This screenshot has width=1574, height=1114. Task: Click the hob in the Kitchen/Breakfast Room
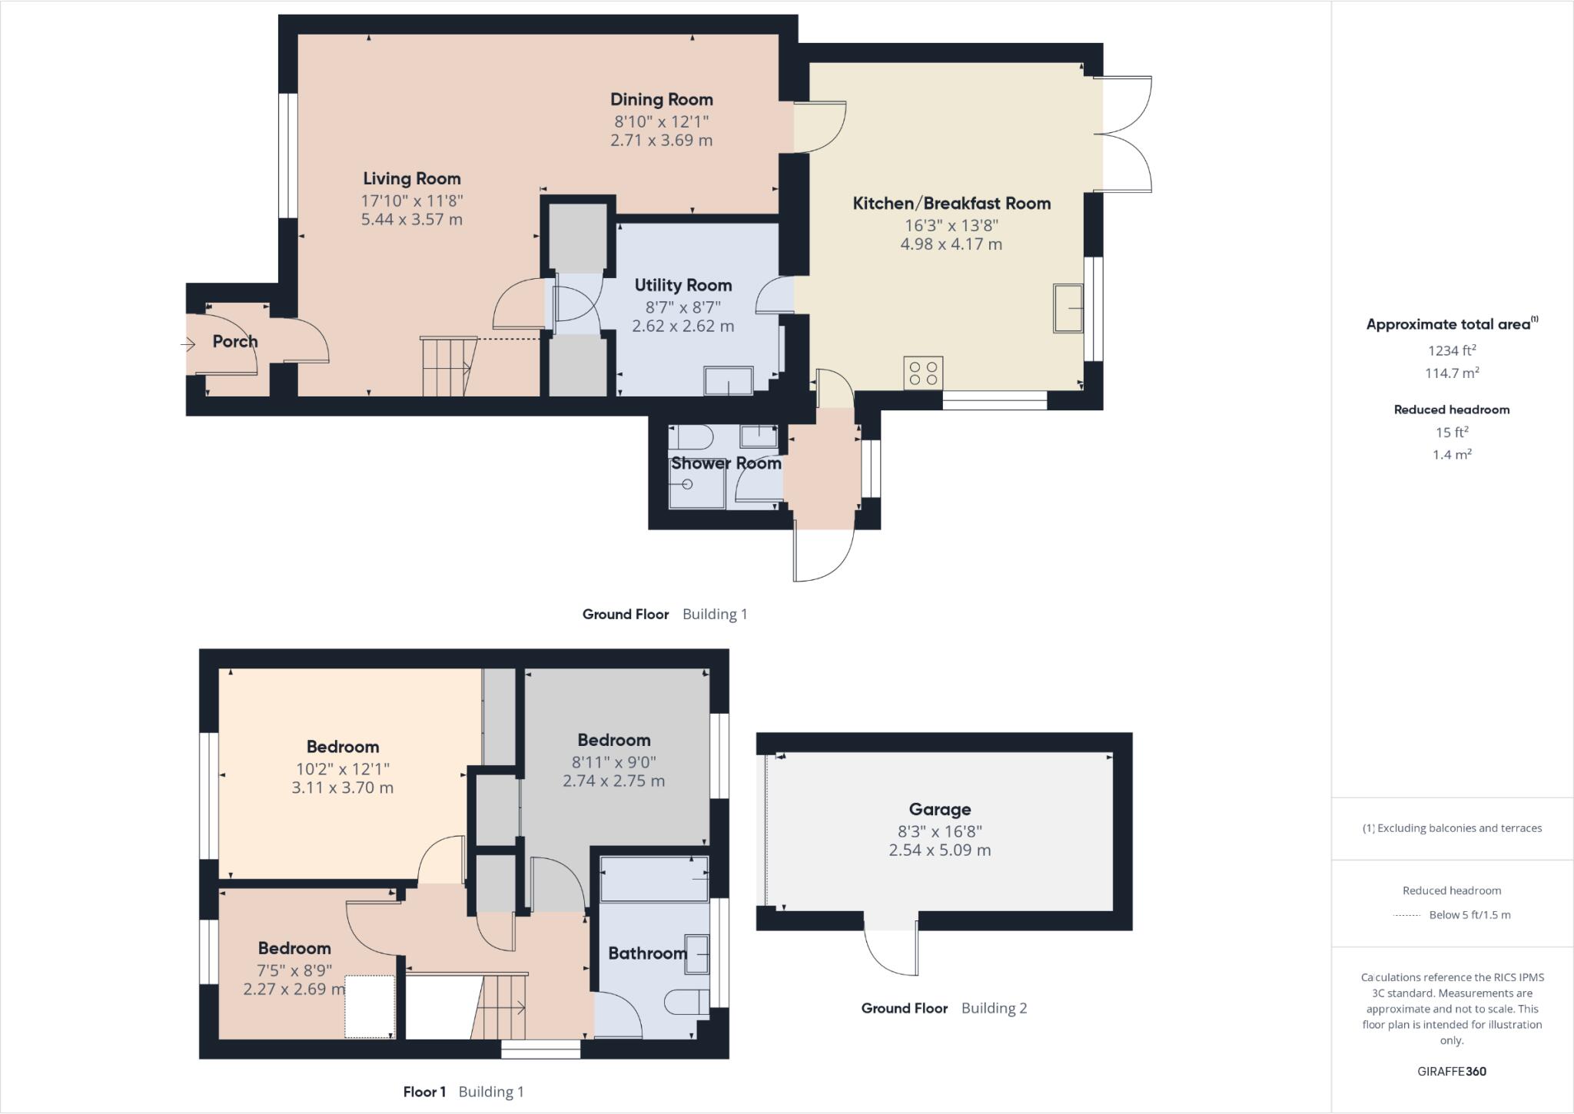[923, 373]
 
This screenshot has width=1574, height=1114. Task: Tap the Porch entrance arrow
[188, 344]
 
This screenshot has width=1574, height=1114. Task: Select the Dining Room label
[661, 99]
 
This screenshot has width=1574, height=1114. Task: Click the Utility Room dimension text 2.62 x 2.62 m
[682, 326]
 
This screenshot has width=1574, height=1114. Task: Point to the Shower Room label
[726, 463]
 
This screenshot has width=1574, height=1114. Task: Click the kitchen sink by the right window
[1068, 308]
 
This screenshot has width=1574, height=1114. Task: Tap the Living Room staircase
[447, 366]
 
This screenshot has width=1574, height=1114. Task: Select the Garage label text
[939, 809]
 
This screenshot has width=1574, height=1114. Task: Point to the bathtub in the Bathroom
[653, 878]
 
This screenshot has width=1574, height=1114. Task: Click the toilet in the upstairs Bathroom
[686, 1002]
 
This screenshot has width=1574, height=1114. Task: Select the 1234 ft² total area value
[1451, 350]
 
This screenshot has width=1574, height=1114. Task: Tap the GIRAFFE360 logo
[1451, 1071]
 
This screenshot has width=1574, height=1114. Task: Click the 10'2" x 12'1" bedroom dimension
[342, 768]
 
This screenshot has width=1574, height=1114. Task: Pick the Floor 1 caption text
[424, 1092]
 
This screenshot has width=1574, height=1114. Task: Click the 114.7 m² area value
[1451, 373]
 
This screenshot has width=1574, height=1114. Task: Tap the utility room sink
[728, 380]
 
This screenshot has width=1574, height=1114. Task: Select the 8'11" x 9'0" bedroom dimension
[613, 762]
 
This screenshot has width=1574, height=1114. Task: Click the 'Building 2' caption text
[994, 1008]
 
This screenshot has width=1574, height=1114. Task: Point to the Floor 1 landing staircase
[500, 1006]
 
